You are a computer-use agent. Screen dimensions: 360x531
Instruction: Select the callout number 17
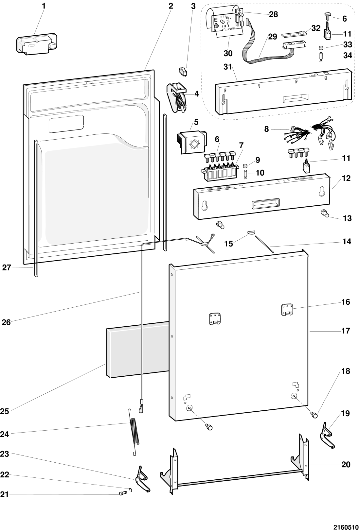(346, 331)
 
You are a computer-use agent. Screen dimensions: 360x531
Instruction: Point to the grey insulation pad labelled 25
(138, 349)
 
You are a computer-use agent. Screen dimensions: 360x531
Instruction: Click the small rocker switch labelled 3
(183, 72)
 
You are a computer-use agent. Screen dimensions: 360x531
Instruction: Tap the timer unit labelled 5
(192, 142)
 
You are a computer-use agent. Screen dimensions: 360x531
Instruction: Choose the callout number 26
(6, 322)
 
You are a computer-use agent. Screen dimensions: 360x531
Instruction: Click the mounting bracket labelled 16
(287, 310)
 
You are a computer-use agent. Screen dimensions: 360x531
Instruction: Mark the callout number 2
(171, 6)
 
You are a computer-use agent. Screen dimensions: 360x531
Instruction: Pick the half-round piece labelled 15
(251, 232)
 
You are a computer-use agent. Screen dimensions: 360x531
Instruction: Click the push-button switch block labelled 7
(220, 171)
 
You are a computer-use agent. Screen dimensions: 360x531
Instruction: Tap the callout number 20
(346, 464)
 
